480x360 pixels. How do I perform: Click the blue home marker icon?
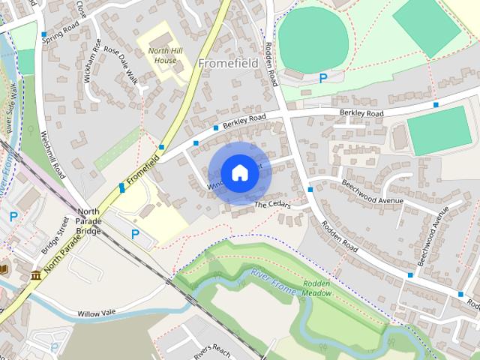point(239,172)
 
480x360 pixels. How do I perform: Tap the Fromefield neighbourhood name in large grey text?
point(228,64)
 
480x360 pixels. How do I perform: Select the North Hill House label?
point(163,55)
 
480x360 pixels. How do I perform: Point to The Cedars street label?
point(271,205)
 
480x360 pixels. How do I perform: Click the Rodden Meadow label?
point(317,289)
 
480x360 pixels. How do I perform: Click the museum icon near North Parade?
point(36,276)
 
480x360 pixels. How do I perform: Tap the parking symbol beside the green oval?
point(323,77)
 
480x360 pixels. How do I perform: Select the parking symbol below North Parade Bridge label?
point(135,234)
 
